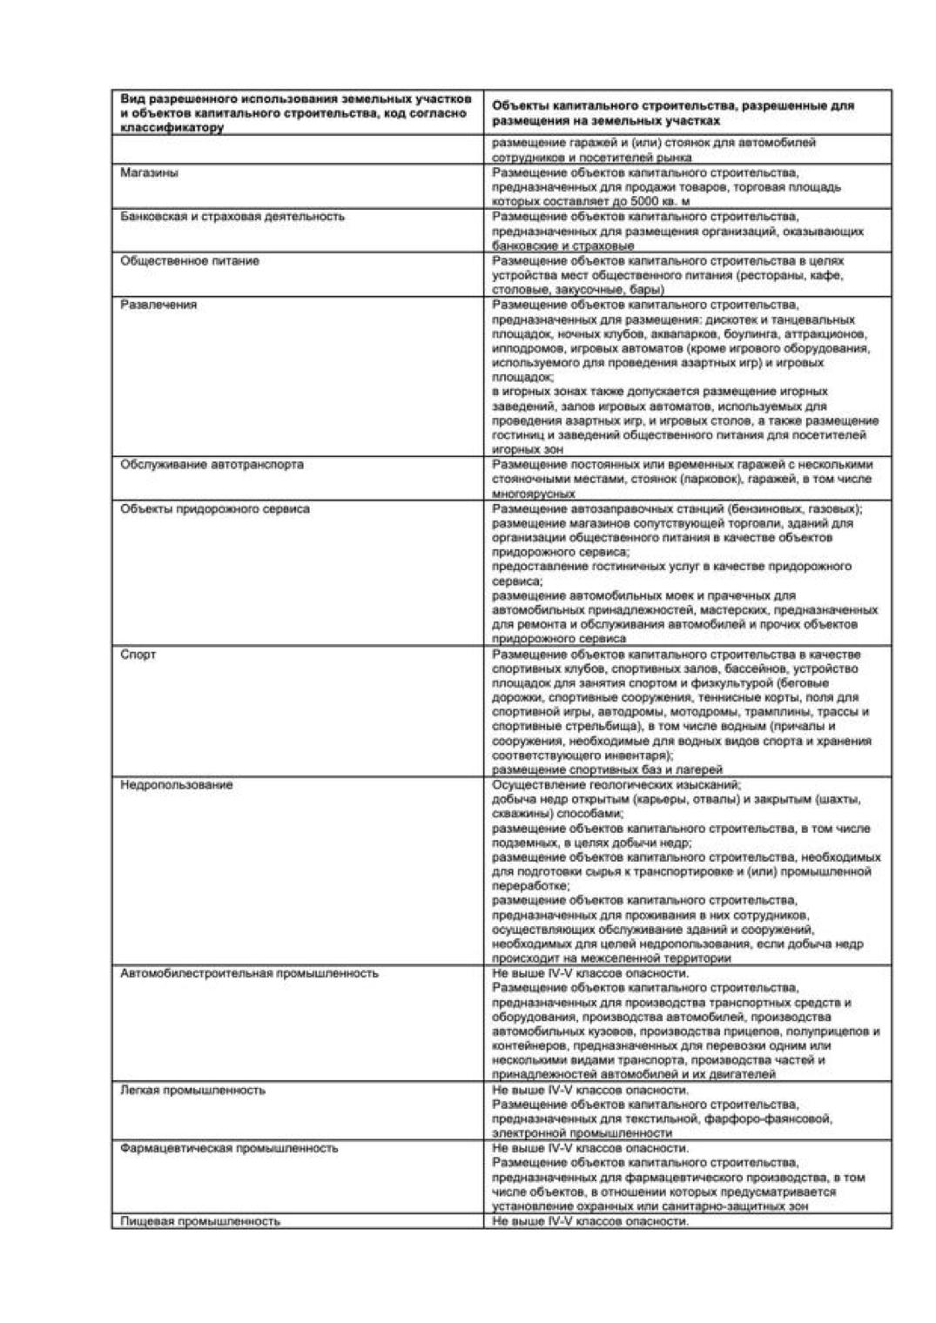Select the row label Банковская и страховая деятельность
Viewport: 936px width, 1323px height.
click(x=232, y=217)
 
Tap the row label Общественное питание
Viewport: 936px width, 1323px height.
click(x=189, y=261)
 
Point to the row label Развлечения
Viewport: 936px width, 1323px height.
click(x=158, y=305)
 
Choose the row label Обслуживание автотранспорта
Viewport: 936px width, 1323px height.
click(x=212, y=465)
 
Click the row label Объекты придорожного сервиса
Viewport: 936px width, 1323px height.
click(x=214, y=509)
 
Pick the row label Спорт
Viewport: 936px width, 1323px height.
click(x=138, y=655)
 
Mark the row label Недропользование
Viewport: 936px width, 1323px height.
click(x=176, y=785)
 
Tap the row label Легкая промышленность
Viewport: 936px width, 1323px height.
click(x=192, y=1091)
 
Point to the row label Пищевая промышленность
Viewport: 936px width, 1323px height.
click(x=200, y=1222)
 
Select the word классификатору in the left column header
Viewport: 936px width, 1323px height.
click(x=172, y=128)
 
